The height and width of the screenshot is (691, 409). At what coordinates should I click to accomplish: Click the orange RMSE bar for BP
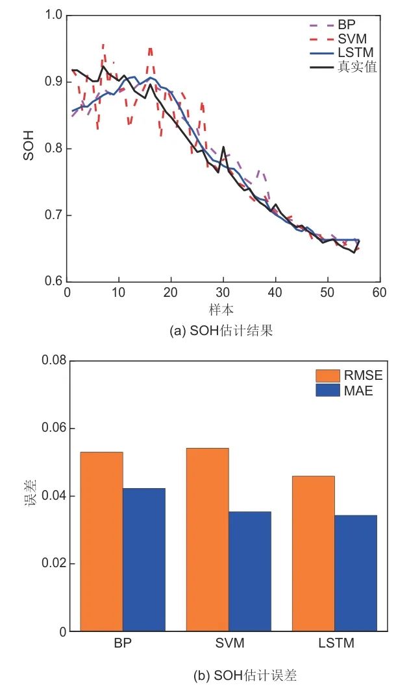click(101, 541)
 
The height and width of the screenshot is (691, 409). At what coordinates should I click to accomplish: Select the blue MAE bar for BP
click(143, 559)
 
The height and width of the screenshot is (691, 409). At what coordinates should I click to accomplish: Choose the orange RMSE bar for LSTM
click(314, 553)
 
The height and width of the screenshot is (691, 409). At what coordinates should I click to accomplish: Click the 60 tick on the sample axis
click(379, 293)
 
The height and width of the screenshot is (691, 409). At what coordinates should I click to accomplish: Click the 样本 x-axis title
click(223, 309)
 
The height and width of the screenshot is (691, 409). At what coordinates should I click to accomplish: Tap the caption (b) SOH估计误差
click(245, 676)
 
